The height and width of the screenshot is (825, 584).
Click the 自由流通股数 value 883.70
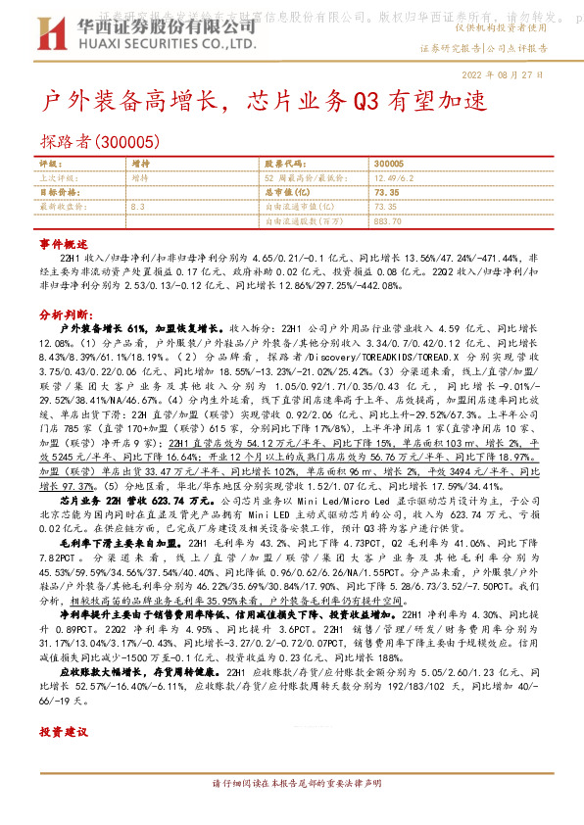[389, 220]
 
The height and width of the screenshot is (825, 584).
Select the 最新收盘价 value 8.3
[137, 207]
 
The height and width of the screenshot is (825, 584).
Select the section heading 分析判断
[65, 315]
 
